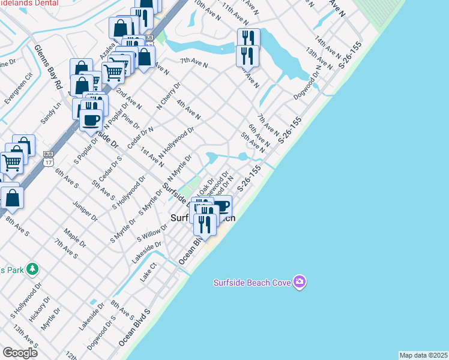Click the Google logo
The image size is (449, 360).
point(20,352)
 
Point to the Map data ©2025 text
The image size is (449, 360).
point(423,355)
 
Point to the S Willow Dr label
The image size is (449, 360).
point(152,233)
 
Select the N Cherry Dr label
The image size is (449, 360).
point(168,97)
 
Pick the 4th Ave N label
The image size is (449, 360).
point(188,110)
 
